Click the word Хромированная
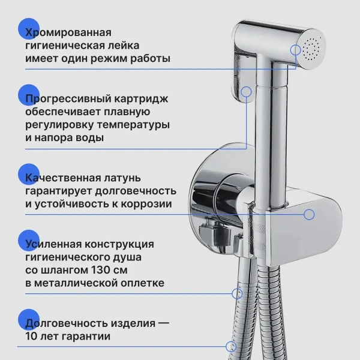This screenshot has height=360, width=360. point(68,32)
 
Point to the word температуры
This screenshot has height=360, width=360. point(133,125)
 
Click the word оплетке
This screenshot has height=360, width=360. point(143,283)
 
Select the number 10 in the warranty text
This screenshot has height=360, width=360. point(31,337)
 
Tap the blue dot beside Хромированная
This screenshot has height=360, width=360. point(29,29)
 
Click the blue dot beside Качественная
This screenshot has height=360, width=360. point(29,174)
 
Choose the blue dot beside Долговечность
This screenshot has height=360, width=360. point(29,320)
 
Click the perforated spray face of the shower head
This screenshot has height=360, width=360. point(310,49)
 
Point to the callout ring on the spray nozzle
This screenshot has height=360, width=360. point(295,50)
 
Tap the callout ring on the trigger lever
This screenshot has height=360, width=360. point(247,92)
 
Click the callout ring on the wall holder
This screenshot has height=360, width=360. point(309,215)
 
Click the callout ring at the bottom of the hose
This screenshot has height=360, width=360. point(231,347)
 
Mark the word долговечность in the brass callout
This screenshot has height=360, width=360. point(136,191)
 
